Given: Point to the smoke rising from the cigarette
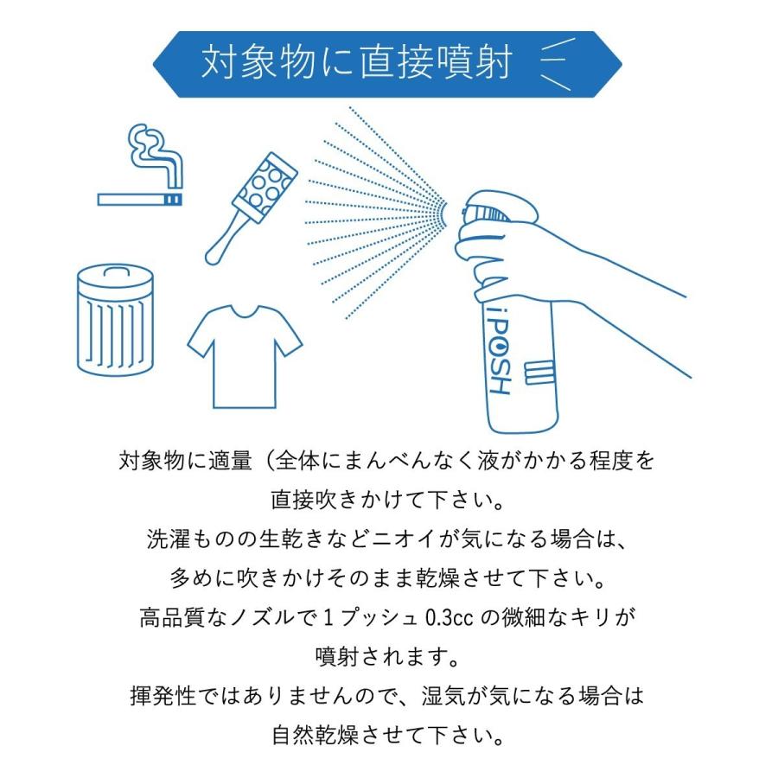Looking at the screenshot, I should [156, 156].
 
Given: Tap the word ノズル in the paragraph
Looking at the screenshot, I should [277, 619].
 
